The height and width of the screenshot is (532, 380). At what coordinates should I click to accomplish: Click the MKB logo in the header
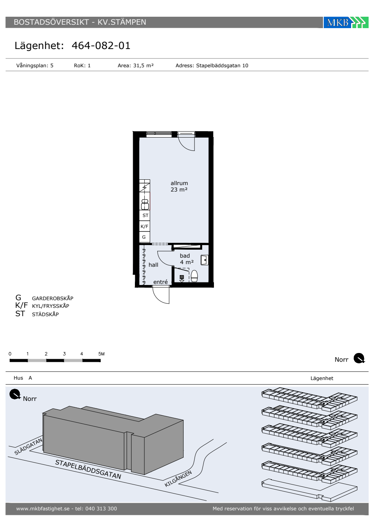click(x=346, y=22)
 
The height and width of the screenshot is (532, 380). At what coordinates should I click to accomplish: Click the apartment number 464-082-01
click(x=101, y=46)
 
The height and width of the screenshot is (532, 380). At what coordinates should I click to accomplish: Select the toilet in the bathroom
click(x=194, y=276)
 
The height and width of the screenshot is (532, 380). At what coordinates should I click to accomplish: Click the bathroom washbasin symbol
click(x=204, y=260)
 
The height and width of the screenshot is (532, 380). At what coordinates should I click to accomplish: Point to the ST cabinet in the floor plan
click(x=145, y=215)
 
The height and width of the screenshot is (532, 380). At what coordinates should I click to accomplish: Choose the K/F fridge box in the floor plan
click(x=144, y=226)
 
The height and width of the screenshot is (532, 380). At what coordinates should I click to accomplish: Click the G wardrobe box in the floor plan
click(x=144, y=237)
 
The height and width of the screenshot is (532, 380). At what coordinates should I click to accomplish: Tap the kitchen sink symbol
click(x=145, y=204)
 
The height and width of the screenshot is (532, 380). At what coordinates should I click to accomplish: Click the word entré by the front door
click(x=160, y=282)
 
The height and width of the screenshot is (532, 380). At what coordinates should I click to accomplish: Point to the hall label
click(x=153, y=265)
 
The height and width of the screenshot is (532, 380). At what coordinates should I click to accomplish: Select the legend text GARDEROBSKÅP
click(x=52, y=298)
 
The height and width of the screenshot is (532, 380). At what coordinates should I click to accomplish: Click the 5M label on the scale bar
click(x=101, y=354)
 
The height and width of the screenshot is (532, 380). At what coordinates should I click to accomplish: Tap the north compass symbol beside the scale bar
click(x=359, y=358)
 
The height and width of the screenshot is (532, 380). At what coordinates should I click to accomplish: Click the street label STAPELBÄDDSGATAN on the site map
click(x=88, y=469)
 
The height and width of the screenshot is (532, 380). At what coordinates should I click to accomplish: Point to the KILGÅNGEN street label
click(x=178, y=478)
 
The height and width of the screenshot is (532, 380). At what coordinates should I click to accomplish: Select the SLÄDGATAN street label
click(x=28, y=446)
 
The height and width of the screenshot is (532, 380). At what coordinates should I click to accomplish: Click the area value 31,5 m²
click(x=143, y=65)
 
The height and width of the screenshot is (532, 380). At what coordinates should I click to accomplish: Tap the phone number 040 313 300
click(x=101, y=508)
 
